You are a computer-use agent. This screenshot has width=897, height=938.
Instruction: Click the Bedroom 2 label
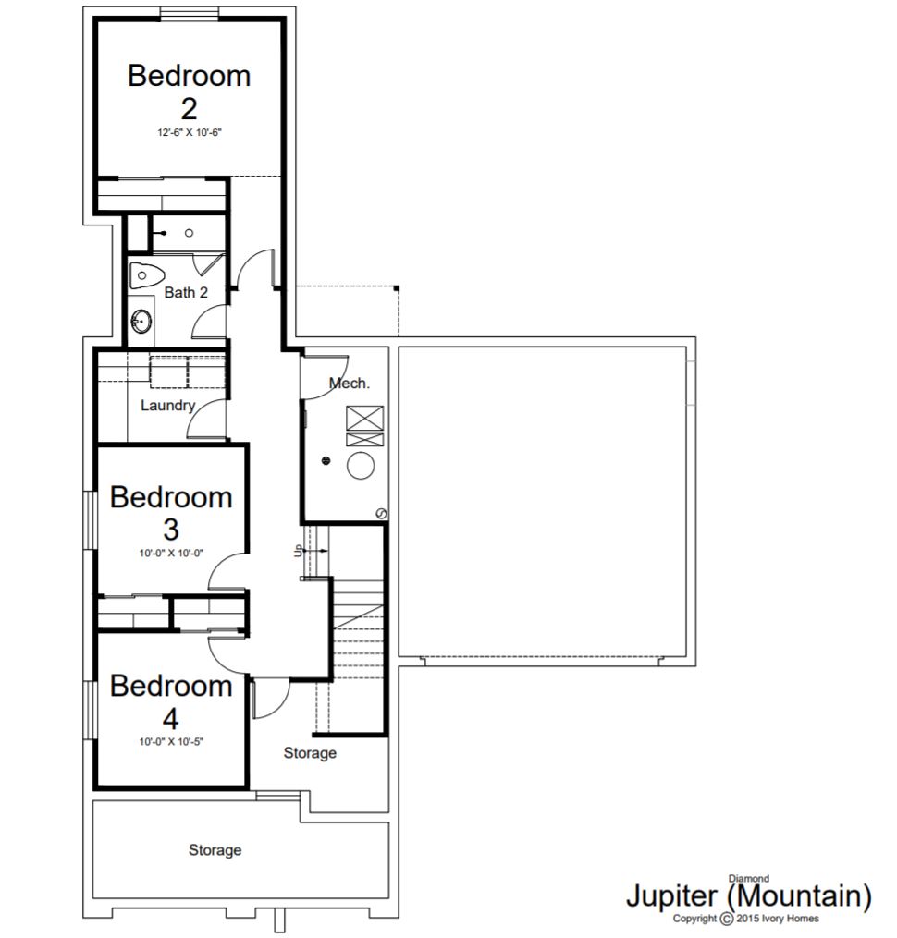pos(190,92)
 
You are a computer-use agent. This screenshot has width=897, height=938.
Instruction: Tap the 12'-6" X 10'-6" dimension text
pos(190,133)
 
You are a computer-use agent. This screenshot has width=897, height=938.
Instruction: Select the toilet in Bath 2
pos(147,275)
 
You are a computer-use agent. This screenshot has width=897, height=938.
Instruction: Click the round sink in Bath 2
pos(141,321)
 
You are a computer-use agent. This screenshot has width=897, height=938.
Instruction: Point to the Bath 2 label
pos(186,293)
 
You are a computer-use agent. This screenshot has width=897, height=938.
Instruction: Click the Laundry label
pos(167,406)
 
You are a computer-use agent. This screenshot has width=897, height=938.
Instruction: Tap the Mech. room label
pos(350,383)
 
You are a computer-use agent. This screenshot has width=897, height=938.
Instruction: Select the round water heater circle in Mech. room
pos(361,466)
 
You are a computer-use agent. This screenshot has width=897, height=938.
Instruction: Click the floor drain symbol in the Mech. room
pos(326,460)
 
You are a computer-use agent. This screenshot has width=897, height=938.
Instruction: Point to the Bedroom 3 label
pos(171,513)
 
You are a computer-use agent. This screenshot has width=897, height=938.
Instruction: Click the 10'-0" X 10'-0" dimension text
pos(171,554)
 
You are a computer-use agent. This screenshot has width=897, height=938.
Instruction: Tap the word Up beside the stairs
pos(298,551)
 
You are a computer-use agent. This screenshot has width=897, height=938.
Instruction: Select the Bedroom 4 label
pos(171,701)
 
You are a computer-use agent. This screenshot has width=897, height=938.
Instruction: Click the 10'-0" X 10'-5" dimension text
pos(171,742)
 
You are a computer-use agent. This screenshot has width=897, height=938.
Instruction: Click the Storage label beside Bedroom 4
pos(310,752)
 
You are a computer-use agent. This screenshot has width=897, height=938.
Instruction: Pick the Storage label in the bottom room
pos(215,850)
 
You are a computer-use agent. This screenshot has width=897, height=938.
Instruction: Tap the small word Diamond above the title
pos(748,879)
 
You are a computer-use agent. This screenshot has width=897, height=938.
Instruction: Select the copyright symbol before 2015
pos(726,919)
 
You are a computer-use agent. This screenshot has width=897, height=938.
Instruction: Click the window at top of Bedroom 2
pos(190,13)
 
